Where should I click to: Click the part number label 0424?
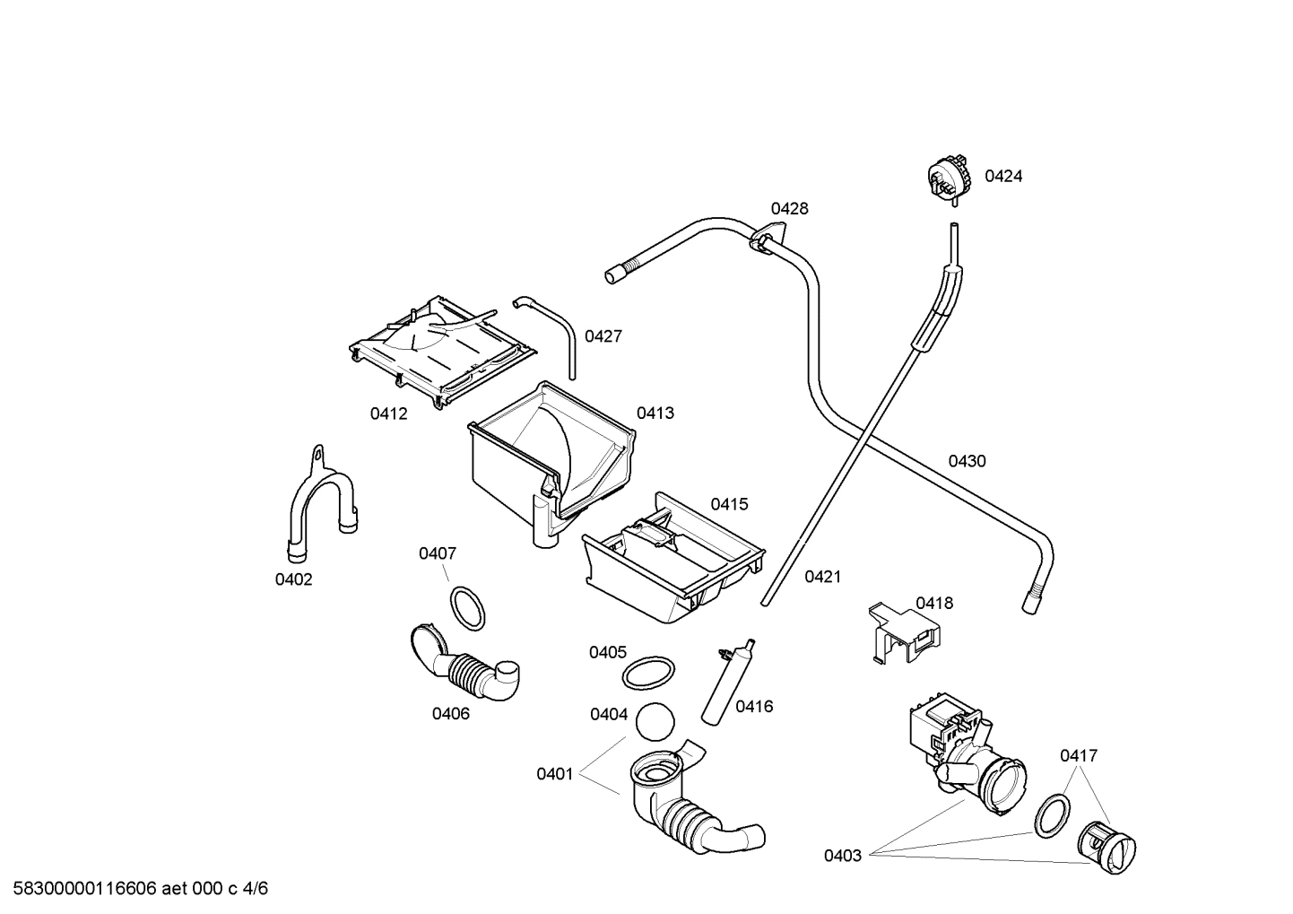[x=1002, y=177]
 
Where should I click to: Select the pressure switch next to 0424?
[x=949, y=178]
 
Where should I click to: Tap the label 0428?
[x=789, y=209]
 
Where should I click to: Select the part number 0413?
[x=655, y=413]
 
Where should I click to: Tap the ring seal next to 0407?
[x=467, y=608]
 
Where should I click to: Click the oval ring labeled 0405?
[x=647, y=673]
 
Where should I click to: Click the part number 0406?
[x=450, y=714]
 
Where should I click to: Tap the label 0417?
[x=1078, y=756]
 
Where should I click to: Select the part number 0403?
[x=842, y=856]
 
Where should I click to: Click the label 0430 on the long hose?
[x=967, y=462]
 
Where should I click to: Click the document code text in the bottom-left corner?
[x=135, y=889]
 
